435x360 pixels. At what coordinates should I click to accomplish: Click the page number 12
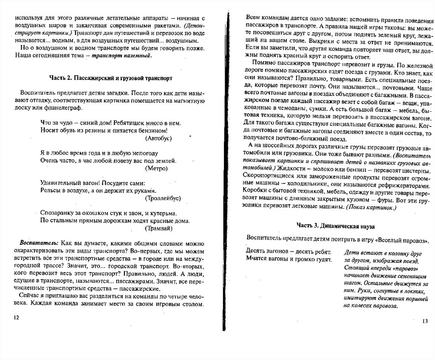[x=17, y=317]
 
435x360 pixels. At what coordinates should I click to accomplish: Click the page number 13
[x=425, y=321]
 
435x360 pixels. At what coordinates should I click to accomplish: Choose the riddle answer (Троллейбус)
[x=163, y=198]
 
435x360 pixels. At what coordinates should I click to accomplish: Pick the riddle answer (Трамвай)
[x=159, y=228]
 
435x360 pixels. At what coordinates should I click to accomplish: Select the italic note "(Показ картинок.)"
[x=371, y=207]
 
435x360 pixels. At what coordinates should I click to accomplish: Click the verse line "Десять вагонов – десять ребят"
[x=289, y=252]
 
